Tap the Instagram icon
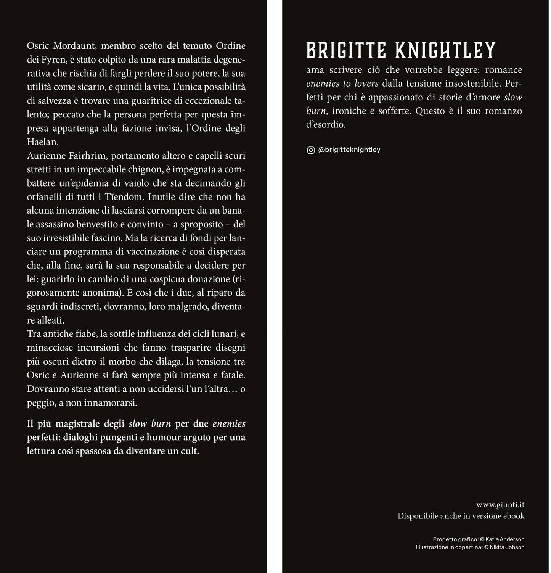(311, 150)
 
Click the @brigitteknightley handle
(349, 150)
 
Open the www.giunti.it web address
(500, 505)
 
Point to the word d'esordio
(326, 125)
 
